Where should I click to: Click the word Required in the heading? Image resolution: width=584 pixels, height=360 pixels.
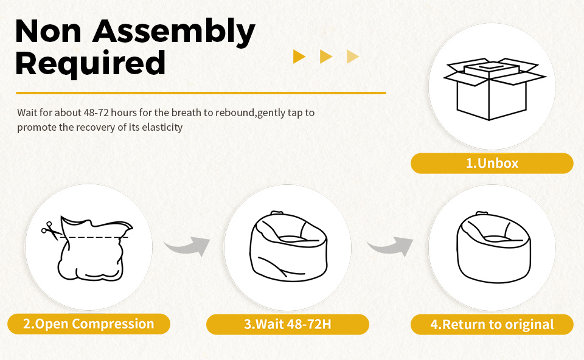(x=90, y=64)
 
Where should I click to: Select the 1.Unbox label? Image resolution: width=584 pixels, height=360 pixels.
(x=492, y=163)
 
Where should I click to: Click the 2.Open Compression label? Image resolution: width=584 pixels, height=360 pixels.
(x=89, y=324)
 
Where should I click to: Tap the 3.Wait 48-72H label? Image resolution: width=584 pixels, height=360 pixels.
(x=288, y=324)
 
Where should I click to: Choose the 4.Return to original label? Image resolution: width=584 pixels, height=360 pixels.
(x=492, y=324)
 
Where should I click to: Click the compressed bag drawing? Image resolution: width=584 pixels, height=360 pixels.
(x=93, y=249)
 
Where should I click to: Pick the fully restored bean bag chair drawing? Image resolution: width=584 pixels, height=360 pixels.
(x=493, y=246)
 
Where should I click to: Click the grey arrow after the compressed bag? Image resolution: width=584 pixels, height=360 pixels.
(x=187, y=246)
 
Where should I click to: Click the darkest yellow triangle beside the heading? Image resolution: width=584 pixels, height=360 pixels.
(x=299, y=57)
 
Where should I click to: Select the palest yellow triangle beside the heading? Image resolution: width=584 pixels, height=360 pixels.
(x=352, y=57)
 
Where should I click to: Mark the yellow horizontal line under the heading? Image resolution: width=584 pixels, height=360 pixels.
(x=201, y=92)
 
